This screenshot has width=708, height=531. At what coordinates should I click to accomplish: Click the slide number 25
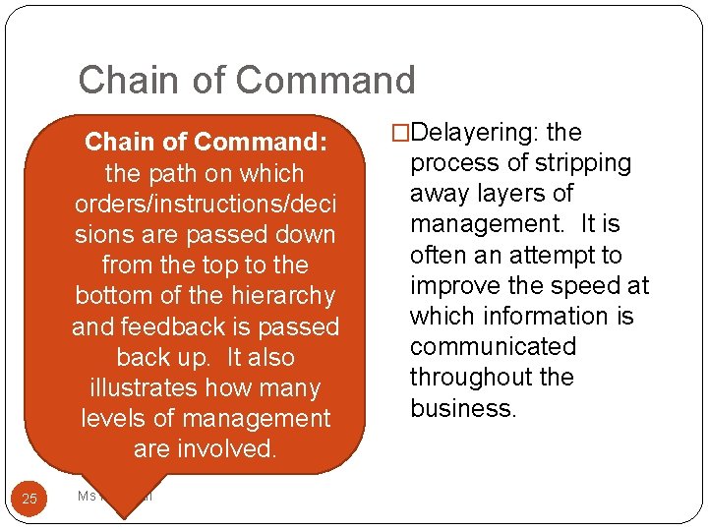click(29, 499)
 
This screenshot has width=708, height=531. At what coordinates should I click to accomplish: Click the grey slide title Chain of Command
click(247, 80)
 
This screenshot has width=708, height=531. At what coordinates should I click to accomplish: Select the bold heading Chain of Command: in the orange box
click(206, 142)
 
